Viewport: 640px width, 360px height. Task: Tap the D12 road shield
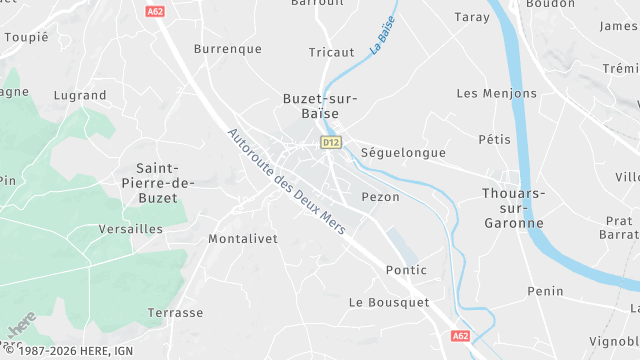point(331,143)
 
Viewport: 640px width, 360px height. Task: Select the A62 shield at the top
point(155,11)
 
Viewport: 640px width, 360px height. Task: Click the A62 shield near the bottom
point(460,336)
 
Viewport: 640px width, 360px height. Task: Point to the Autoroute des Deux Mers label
point(286,181)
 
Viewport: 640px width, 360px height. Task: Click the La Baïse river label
point(381,35)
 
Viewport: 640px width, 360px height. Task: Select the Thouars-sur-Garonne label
point(513,207)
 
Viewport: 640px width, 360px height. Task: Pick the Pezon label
point(380,197)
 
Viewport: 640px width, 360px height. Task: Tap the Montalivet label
point(242,239)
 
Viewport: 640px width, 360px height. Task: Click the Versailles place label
point(131,229)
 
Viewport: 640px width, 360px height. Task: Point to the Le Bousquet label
point(388,302)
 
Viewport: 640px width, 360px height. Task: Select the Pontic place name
point(405,270)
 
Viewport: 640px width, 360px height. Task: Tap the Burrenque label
point(227,48)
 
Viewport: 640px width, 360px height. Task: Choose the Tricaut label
point(331,52)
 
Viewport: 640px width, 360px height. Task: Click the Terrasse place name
point(175,313)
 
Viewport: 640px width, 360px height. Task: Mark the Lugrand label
point(81,95)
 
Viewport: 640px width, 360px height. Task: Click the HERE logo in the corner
point(20,327)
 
